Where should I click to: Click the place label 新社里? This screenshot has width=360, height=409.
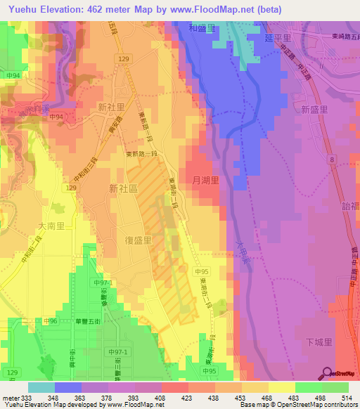click(112, 107)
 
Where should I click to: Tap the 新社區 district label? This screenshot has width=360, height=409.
click(124, 188)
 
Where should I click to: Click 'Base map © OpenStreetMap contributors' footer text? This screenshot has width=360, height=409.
click(300, 405)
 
